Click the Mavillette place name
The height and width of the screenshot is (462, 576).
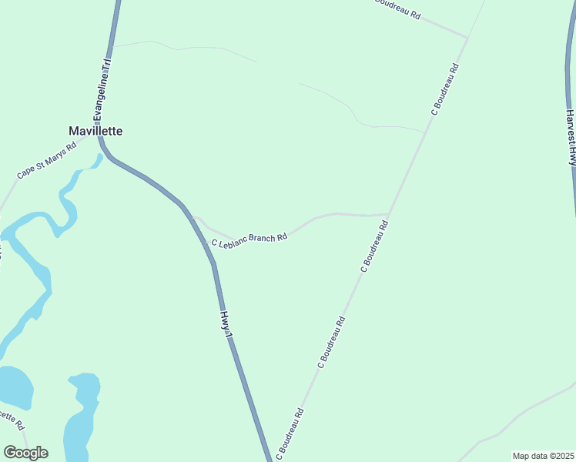(x=95, y=131)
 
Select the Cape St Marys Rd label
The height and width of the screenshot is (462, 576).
(x=47, y=160)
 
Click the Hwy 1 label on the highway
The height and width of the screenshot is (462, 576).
(x=226, y=322)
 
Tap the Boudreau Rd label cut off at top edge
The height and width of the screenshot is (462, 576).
(x=397, y=8)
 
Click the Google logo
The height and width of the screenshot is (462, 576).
(x=25, y=453)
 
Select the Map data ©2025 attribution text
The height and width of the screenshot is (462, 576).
(x=542, y=456)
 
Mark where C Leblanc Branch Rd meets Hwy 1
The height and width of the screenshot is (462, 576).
(x=193, y=218)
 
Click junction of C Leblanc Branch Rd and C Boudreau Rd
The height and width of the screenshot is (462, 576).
(x=389, y=214)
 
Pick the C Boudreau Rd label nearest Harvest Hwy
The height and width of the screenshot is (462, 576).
(x=445, y=89)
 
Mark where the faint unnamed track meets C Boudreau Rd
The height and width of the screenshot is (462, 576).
(x=424, y=132)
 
